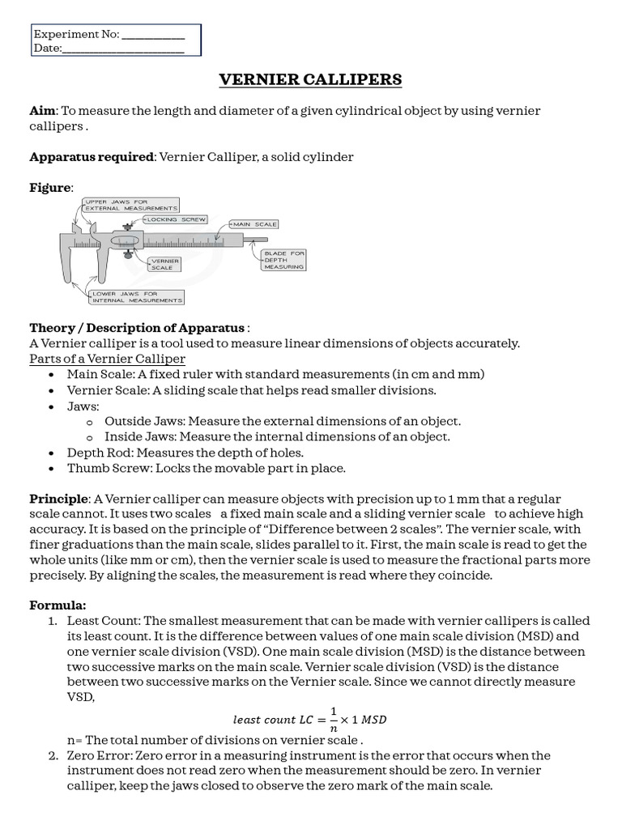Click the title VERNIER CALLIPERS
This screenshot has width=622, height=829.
pyautogui.click(x=311, y=79)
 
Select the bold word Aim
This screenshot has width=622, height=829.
pyautogui.click(x=41, y=110)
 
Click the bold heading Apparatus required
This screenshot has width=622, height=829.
pyautogui.click(x=92, y=156)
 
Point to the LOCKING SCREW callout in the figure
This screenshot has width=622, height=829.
pyautogui.click(x=176, y=219)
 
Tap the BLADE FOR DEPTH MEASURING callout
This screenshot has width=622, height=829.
pyautogui.click(x=283, y=260)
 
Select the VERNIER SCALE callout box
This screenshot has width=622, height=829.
pyautogui.click(x=162, y=264)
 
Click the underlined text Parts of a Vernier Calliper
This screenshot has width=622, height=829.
pyautogui.click(x=107, y=359)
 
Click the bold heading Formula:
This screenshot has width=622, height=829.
pyautogui.click(x=58, y=605)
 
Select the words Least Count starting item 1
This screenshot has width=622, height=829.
pyautogui.click(x=102, y=621)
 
